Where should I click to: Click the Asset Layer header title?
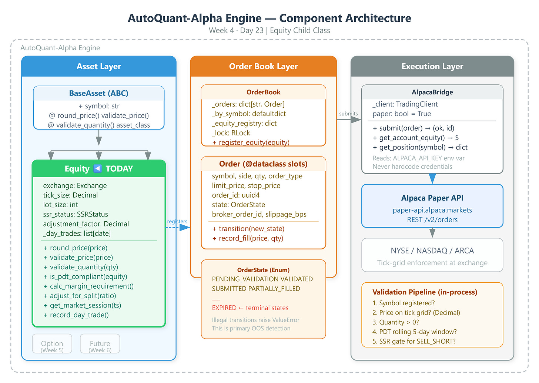coord(98,66)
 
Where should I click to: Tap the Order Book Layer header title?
coord(263,66)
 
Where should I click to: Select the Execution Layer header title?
coord(432,66)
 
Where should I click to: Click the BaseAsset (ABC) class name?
coord(98,93)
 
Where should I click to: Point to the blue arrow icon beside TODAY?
coord(97,168)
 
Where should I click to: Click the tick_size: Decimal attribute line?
coord(70,195)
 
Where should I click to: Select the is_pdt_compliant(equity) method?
coord(86,277)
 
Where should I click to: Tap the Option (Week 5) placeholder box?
coord(52,343)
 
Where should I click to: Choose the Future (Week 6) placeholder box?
coord(100,343)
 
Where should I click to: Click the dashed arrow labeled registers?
coord(178,227)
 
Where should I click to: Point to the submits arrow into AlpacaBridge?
coord(349,120)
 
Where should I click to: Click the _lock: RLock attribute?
coord(231,133)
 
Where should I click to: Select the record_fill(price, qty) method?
coord(248,238)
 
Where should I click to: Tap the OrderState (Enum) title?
coord(263,270)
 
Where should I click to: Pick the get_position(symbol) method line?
coord(420,147)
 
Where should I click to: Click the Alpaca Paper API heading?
coord(432,198)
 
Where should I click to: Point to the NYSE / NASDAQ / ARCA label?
coord(432,251)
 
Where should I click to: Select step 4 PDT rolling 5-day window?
coord(414,332)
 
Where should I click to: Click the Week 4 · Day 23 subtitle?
coord(269,31)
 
